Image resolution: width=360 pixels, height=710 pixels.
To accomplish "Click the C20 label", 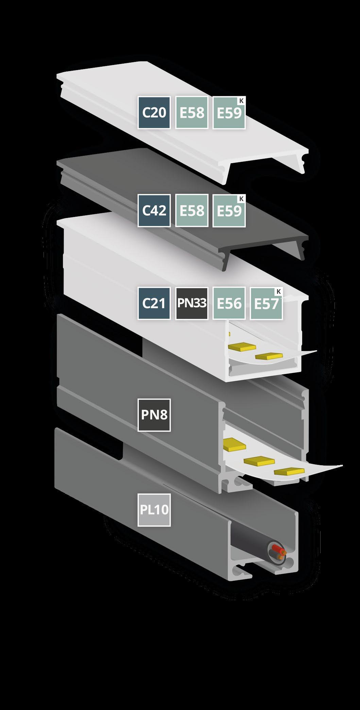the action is point(154,113).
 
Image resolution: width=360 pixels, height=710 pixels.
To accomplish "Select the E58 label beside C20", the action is point(192,113).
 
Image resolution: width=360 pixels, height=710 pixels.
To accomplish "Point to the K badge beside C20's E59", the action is point(241,100).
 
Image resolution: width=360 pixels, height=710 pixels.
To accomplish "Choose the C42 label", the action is point(154,210).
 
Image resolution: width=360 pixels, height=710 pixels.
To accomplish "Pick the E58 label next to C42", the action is point(192,210).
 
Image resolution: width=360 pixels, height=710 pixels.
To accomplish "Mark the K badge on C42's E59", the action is point(241,199).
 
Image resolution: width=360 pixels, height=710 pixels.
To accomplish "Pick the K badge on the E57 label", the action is point(279,291).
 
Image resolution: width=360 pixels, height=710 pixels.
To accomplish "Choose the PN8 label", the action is point(154,415).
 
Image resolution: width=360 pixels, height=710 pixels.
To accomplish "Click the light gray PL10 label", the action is point(154,510).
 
